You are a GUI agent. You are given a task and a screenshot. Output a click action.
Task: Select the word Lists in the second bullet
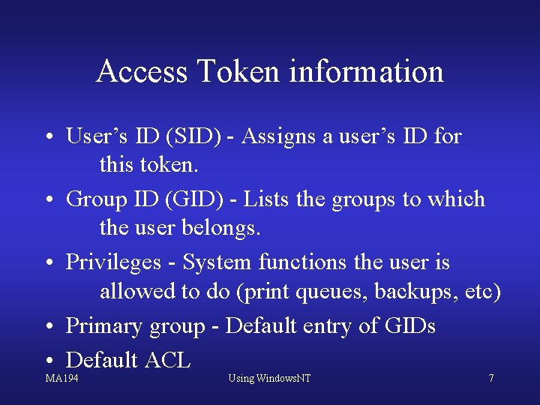[x=267, y=199]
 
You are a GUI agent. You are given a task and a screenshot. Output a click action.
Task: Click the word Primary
[x=103, y=326]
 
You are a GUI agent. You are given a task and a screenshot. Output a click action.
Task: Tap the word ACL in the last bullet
[x=167, y=360]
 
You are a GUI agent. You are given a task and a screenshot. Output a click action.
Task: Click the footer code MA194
[x=61, y=378]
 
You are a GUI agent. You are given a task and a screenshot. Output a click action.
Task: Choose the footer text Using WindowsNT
[x=269, y=378]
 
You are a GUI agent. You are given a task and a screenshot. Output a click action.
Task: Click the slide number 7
[x=491, y=378]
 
